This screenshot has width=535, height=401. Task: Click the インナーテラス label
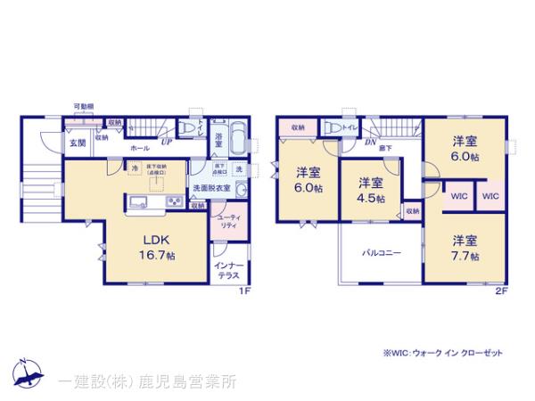pyautogui.click(x=227, y=270)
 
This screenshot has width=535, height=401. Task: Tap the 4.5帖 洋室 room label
pyautogui.click(x=370, y=190)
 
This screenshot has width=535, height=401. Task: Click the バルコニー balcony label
pyautogui.click(x=380, y=253)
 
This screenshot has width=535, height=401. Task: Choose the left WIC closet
pyautogui.click(x=459, y=195)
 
